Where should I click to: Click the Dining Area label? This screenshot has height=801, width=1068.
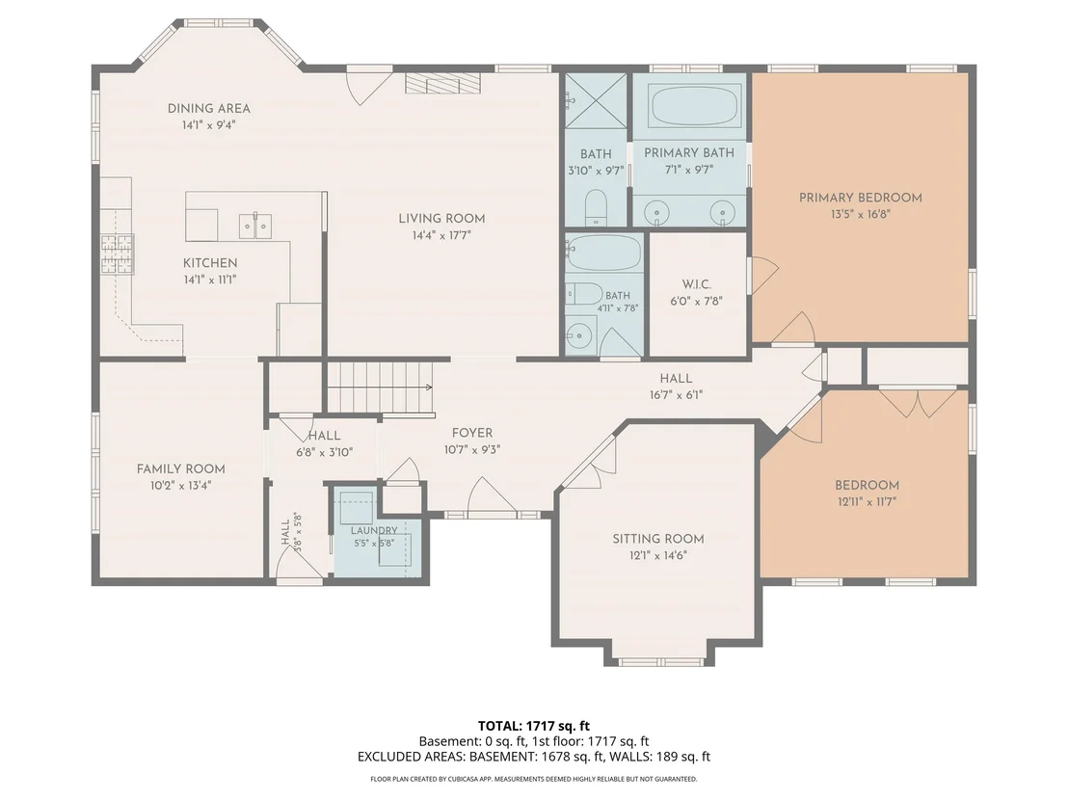[208, 108]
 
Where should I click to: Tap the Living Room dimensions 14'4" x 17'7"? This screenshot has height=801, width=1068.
[441, 235]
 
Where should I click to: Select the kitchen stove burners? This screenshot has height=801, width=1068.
[118, 254]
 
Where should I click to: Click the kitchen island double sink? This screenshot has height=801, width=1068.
[255, 226]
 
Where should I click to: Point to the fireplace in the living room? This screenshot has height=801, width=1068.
[443, 83]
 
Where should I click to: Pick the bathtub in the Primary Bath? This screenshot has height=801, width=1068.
[689, 105]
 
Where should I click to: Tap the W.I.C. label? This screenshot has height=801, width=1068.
[696, 284]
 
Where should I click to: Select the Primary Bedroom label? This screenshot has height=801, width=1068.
[860, 198]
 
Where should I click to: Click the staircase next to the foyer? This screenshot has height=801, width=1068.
[380, 387]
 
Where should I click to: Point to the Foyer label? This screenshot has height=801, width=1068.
[472, 433]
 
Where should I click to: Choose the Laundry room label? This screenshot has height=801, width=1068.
[374, 530]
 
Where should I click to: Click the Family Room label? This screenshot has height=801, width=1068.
[180, 468]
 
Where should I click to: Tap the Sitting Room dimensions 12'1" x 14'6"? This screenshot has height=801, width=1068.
[658, 555]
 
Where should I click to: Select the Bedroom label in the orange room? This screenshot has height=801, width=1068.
[868, 485]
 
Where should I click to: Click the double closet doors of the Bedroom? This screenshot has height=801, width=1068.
[919, 403]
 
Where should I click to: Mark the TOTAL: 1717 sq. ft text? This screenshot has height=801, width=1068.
[533, 726]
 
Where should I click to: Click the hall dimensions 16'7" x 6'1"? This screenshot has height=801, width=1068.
[676, 395]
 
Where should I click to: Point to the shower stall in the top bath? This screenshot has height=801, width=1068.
[596, 101]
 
